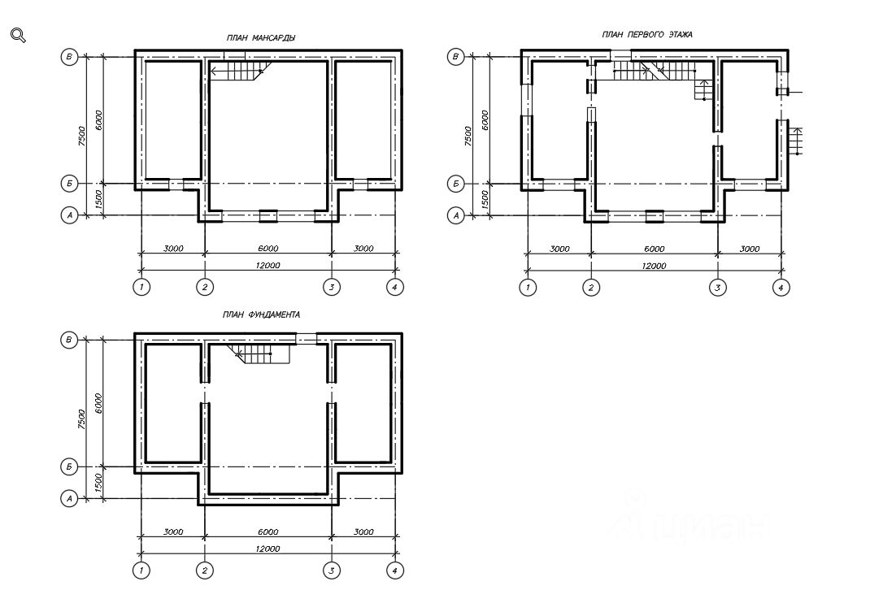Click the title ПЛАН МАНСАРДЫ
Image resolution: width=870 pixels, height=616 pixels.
tap(261, 37)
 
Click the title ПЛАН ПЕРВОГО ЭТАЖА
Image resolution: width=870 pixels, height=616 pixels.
tap(647, 34)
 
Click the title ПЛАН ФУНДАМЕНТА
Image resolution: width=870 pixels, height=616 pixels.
tap(261, 315)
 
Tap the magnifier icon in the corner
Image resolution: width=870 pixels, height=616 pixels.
tap(19, 36)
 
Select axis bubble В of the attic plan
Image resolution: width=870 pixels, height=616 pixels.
tap(69, 57)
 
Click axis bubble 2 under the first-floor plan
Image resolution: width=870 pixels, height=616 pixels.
tap(591, 287)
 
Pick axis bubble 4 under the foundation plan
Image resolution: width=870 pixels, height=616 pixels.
tap(395, 570)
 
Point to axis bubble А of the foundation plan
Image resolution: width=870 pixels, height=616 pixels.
tap(69, 498)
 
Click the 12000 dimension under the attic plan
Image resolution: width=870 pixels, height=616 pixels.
tap(268, 265)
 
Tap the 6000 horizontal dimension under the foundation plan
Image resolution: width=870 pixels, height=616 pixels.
tap(268, 531)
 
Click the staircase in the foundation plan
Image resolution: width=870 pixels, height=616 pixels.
tap(259, 354)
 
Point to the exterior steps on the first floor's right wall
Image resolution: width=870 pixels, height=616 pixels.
tap(796, 141)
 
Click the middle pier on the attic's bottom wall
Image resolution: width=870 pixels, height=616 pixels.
tap(268, 215)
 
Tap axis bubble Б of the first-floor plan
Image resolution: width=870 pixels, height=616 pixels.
tap(456, 184)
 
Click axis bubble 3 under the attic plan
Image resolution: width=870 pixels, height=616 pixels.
tap(332, 287)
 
